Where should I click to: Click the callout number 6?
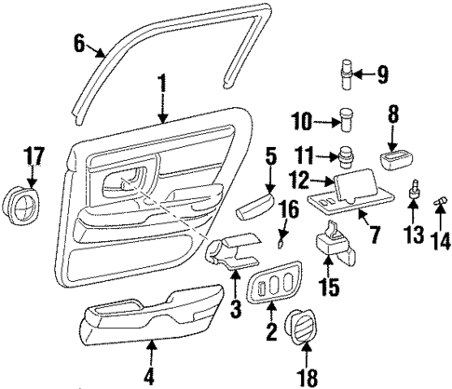point(78,41)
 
